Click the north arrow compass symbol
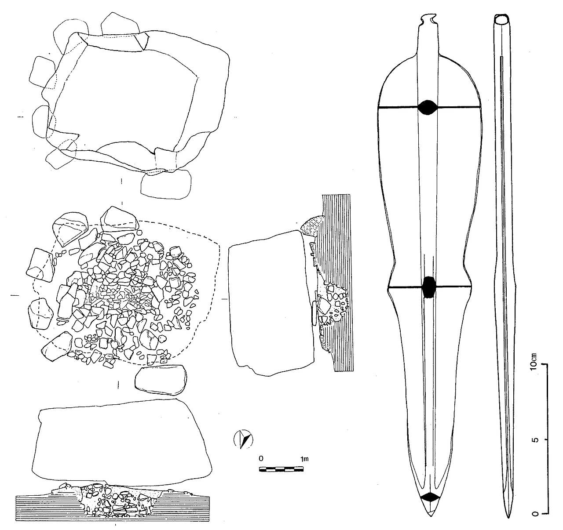(243, 439)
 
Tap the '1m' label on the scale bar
(304, 458)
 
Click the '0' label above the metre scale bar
(261, 458)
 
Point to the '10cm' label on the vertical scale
(534, 361)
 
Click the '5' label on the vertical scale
(534, 440)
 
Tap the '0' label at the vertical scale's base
(534, 514)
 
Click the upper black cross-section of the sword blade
(428, 107)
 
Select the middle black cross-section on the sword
(429, 287)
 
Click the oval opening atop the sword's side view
(501, 20)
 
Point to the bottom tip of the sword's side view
(509, 518)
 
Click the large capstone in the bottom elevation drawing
(121, 443)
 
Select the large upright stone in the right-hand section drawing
(271, 303)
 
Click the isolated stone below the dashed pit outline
(161, 379)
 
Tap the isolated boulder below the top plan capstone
(166, 185)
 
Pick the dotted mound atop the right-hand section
(311, 229)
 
